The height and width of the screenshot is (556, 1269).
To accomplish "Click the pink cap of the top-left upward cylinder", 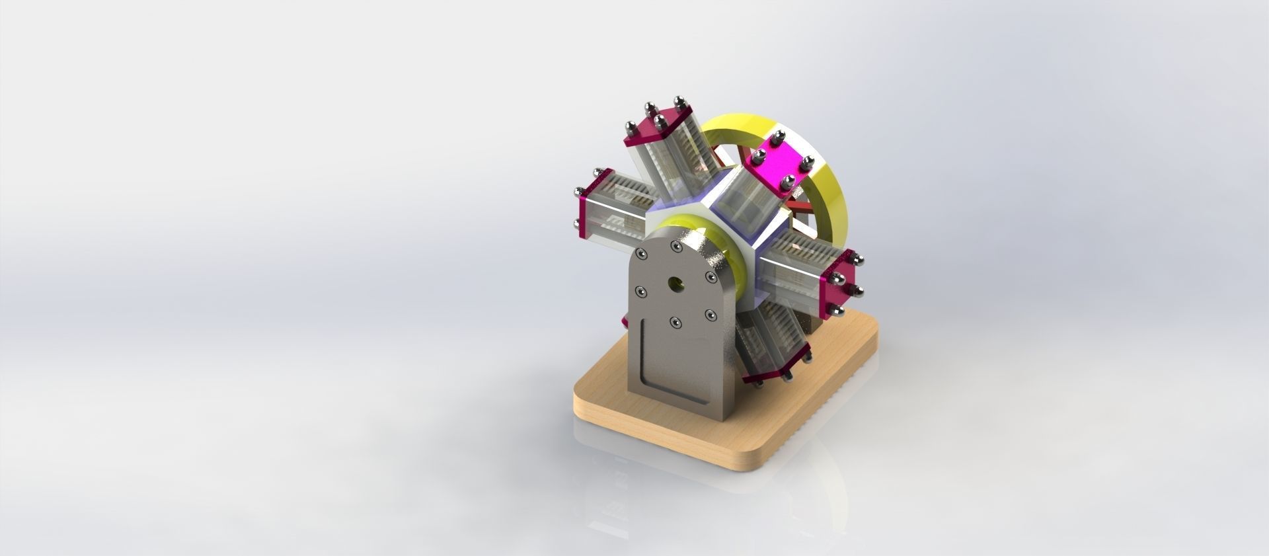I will pyautogui.click(x=655, y=126).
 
